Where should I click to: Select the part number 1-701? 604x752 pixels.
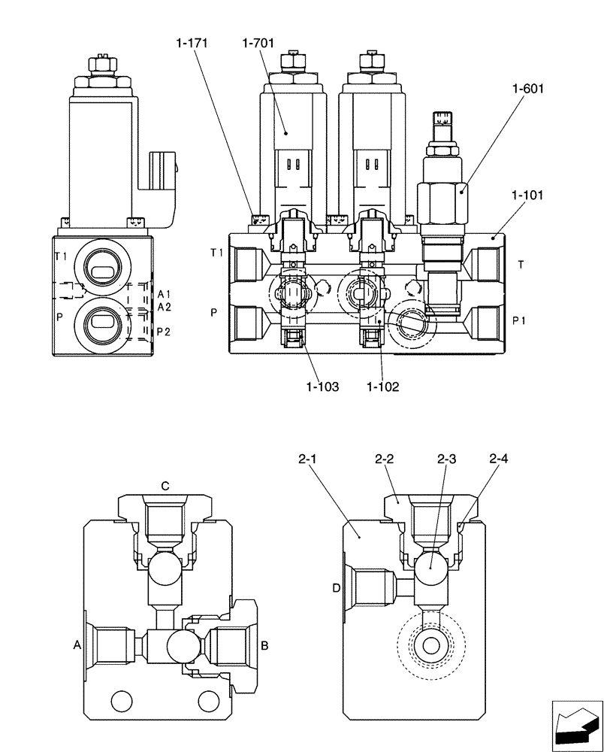pos(258,44)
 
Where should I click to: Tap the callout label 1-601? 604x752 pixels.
pos(527,89)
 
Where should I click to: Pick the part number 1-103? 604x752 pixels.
pos(322,387)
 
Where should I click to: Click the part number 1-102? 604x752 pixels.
pos(383,387)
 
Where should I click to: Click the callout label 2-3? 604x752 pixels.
pos(447,458)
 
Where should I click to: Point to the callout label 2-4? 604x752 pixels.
pos(499,458)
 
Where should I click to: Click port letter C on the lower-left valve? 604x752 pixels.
pos(165,486)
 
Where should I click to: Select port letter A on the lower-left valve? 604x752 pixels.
pos(77,644)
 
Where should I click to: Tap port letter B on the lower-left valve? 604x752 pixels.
pos(264,644)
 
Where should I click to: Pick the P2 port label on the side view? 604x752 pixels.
pos(164,332)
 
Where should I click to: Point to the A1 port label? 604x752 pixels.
pos(165,293)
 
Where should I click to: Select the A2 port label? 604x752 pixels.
pos(165,306)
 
